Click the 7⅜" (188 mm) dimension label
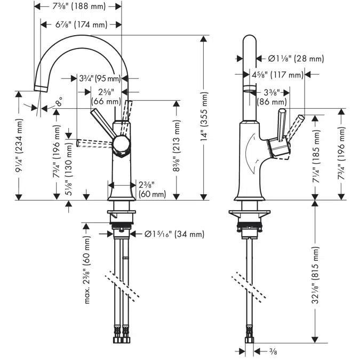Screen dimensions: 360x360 (79, 6)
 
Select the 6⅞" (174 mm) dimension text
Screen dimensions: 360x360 (81, 25)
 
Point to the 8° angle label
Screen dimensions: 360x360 (59, 101)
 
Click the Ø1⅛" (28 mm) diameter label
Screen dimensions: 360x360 (296, 59)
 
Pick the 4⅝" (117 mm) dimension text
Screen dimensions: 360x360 (277, 75)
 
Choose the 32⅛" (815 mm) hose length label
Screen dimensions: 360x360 (315, 276)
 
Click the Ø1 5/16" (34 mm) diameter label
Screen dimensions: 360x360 (174, 234)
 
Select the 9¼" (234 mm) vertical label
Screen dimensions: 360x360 (19, 146)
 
